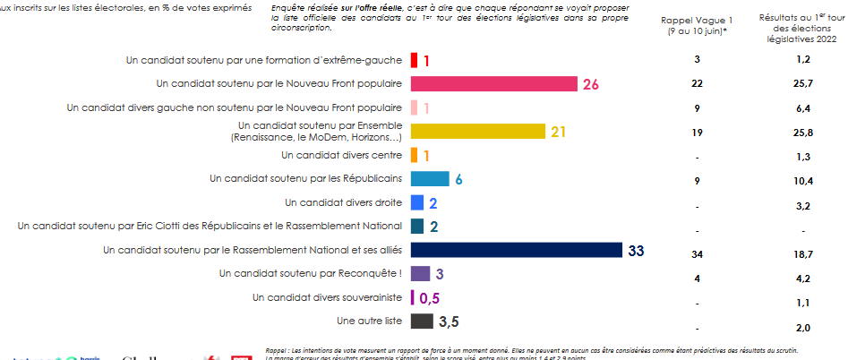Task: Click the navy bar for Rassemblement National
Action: (516, 250)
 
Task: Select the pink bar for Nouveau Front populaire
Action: (493, 84)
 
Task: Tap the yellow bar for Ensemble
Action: (477, 132)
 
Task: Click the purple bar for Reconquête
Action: (420, 273)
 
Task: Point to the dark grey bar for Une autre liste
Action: (422, 321)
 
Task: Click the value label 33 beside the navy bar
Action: (637, 250)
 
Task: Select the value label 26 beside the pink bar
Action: (590, 84)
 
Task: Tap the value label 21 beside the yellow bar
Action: (559, 132)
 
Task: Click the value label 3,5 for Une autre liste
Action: (450, 321)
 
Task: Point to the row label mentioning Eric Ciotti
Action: (211, 226)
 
